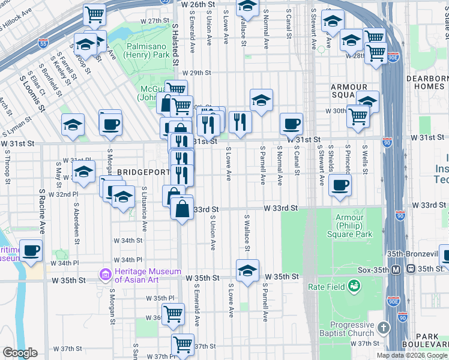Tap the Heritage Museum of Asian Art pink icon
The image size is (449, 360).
[x=106, y=275]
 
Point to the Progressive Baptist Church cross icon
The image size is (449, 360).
[x=384, y=328]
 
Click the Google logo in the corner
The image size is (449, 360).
[x=20, y=353]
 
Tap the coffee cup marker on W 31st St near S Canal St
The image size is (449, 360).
[x=292, y=125]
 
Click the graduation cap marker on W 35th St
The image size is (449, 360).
[x=247, y=271]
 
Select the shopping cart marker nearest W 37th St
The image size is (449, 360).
[x=182, y=345]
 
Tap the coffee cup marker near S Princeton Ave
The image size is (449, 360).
[x=340, y=185]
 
